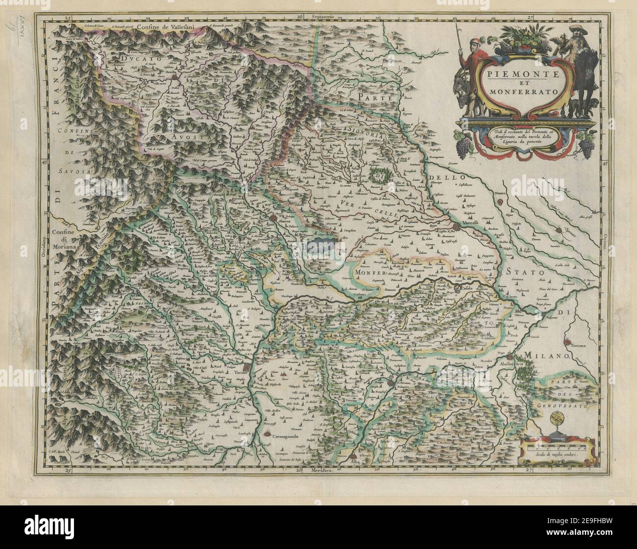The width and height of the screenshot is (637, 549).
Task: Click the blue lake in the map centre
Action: (x=320, y=245)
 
